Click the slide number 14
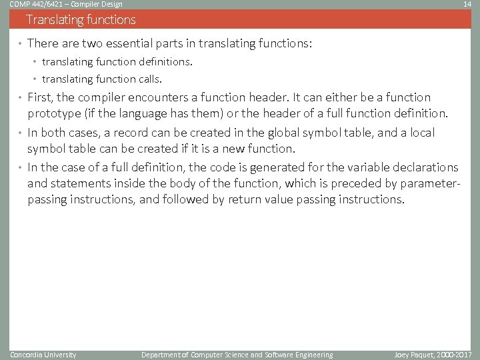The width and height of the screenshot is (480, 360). (x=467, y=5)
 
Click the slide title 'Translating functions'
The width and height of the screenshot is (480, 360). (x=81, y=20)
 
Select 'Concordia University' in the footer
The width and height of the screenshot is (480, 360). (x=43, y=355)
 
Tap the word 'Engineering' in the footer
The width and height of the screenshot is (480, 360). (x=313, y=355)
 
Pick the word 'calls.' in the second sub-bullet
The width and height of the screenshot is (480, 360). (x=148, y=80)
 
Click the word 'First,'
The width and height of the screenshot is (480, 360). (x=41, y=97)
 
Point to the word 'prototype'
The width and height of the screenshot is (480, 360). (x=54, y=114)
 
